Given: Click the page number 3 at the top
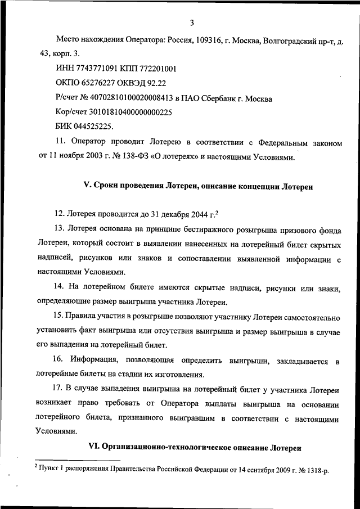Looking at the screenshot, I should click(x=191, y=22).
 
